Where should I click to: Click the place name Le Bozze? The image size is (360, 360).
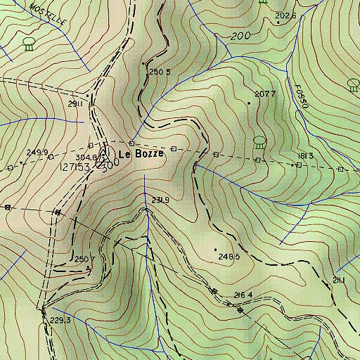141,153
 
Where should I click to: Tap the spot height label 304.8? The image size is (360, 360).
85,157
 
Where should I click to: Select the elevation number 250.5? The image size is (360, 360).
160,72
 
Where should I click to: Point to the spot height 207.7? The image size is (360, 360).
265,94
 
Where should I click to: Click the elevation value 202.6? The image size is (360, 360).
285,15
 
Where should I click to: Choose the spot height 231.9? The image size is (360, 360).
160,200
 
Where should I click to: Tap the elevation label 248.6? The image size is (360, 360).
229,257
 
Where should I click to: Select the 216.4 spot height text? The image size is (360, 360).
243,295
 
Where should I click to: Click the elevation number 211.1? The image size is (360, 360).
338,281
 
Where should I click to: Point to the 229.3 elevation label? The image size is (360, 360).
61,320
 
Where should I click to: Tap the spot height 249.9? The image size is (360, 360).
37,153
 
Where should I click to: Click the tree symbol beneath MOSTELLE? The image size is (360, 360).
29,45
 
